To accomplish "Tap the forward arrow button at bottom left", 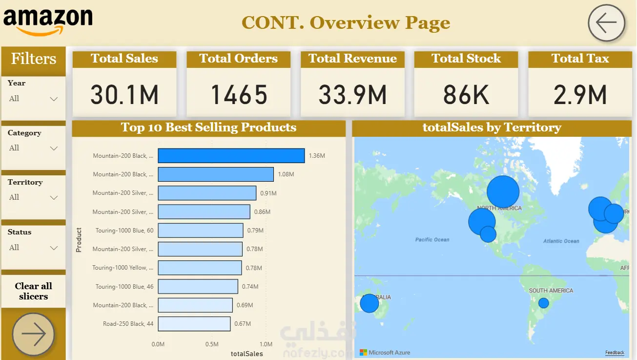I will pyautogui.click(x=33, y=335).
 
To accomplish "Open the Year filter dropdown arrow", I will pyautogui.click(x=54, y=99).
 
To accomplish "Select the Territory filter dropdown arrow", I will pyautogui.click(x=54, y=198).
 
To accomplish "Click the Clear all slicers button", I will pyautogui.click(x=33, y=291).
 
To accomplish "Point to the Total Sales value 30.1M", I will pyautogui.click(x=124, y=95).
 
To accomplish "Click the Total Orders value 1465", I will pyautogui.click(x=239, y=95).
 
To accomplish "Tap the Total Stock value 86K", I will pyautogui.click(x=466, y=95).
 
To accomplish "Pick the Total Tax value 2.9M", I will pyautogui.click(x=580, y=95).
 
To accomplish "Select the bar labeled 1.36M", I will pyautogui.click(x=231, y=156).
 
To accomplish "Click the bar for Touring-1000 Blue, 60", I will pyautogui.click(x=201, y=231).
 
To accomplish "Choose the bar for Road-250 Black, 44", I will pyautogui.click(x=194, y=324).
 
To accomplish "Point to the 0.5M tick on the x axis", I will pyautogui.click(x=212, y=344).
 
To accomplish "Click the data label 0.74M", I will pyautogui.click(x=250, y=287).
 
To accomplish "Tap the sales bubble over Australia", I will pyautogui.click(x=370, y=303).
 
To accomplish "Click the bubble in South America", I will pyautogui.click(x=543, y=303).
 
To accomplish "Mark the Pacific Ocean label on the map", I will pyautogui.click(x=432, y=240).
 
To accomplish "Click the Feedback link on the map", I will pyautogui.click(x=615, y=353).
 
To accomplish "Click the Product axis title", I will pyautogui.click(x=79, y=240).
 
